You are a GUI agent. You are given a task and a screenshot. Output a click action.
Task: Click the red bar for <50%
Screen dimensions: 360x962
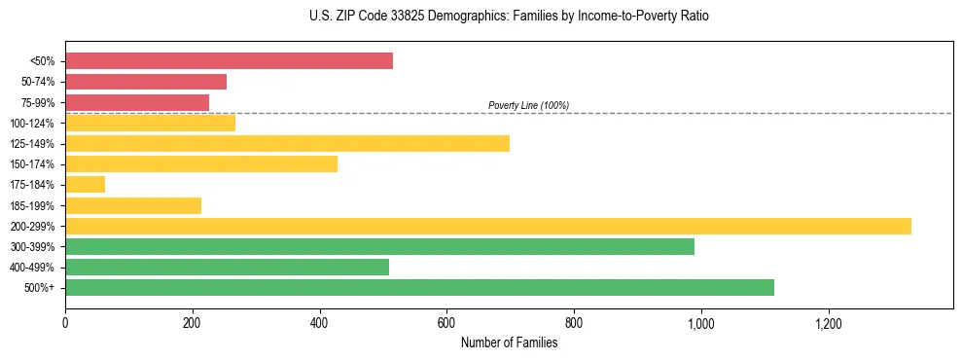tap(229, 61)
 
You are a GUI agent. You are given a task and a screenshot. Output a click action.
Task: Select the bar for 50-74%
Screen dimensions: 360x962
tap(146, 82)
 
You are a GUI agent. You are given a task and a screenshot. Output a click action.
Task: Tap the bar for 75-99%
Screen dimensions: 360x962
tap(137, 102)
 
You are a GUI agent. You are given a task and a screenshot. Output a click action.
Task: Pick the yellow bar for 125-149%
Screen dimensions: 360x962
tap(287, 144)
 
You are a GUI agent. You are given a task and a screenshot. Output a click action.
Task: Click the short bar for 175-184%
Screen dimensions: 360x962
tap(85, 185)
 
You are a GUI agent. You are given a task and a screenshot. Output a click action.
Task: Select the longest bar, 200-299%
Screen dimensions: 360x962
tap(487, 226)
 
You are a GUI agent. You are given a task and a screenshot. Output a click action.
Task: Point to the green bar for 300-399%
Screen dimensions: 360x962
tap(379, 246)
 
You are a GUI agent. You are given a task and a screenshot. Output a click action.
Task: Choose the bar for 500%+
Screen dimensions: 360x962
tap(419, 287)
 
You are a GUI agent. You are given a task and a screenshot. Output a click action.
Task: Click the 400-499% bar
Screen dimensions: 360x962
tap(227, 267)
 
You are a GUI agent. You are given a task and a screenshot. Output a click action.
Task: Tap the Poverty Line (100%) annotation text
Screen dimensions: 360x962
tap(528, 105)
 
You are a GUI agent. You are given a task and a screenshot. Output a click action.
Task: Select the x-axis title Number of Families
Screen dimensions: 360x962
tap(509, 342)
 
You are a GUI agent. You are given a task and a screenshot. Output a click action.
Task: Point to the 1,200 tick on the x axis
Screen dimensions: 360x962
tap(828, 322)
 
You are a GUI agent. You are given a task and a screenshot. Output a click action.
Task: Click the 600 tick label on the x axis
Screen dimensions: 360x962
tap(446, 322)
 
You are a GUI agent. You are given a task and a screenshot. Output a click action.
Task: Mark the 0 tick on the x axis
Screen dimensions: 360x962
tap(65, 322)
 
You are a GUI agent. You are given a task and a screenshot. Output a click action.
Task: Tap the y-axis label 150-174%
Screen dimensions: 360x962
tap(32, 164)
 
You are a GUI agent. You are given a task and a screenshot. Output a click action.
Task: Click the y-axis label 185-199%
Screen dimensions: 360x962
tap(32, 205)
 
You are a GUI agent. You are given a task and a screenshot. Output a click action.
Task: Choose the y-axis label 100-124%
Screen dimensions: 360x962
tap(32, 124)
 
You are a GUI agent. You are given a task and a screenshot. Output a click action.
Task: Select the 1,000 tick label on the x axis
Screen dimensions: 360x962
tap(700, 322)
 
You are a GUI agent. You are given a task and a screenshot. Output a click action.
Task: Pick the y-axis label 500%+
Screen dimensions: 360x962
tap(40, 288)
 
